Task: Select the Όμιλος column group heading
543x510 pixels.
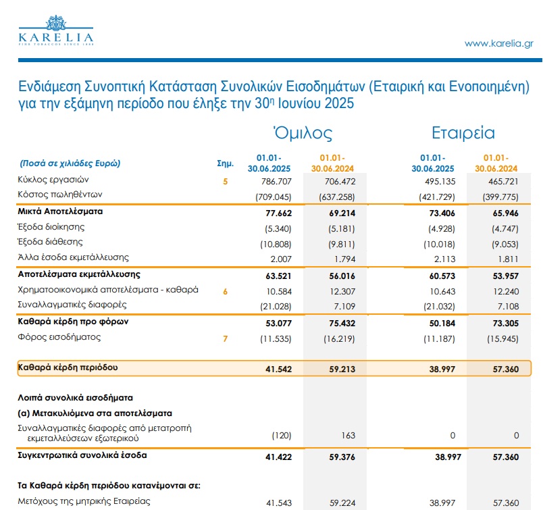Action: pyautogui.click(x=302, y=132)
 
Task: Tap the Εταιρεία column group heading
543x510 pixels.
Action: pyautogui.click(x=463, y=132)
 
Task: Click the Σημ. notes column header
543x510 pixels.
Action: pyautogui.click(x=225, y=163)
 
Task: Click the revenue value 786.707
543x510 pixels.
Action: pyautogui.click(x=272, y=181)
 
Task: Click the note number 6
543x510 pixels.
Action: pyautogui.click(x=226, y=291)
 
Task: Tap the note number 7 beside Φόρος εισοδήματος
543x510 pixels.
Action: pyautogui.click(x=226, y=337)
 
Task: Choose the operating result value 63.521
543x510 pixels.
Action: pyautogui.click(x=272, y=276)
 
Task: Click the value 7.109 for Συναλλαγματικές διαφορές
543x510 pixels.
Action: pyautogui.click(x=342, y=306)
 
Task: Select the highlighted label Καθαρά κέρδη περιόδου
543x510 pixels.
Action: pyautogui.click(x=68, y=367)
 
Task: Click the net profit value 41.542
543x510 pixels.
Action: pyautogui.click(x=272, y=369)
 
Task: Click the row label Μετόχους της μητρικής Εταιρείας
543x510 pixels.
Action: pyautogui.click(x=84, y=501)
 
